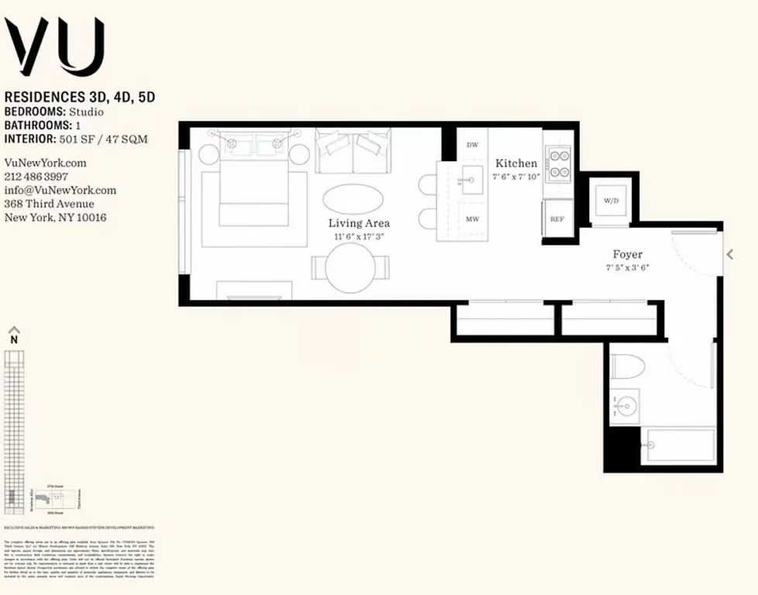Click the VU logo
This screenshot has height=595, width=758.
54,47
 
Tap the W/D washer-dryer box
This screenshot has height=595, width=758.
612,201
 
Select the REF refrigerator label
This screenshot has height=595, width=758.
556,219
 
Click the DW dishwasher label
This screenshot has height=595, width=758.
472,145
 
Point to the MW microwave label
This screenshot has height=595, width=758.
472,219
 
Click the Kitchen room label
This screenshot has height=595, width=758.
516,163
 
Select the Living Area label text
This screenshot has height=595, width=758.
359,223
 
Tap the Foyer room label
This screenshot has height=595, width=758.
627,254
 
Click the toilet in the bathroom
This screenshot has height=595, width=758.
625,366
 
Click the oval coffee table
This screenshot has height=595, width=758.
353,198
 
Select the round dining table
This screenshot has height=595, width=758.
350,268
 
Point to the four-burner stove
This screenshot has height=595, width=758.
558,163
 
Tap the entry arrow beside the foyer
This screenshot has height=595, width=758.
729,254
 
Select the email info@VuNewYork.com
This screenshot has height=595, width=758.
60,191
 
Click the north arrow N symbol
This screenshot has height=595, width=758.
13,338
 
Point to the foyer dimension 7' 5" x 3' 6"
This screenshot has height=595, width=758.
627,268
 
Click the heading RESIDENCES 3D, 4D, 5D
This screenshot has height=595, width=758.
81,98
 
